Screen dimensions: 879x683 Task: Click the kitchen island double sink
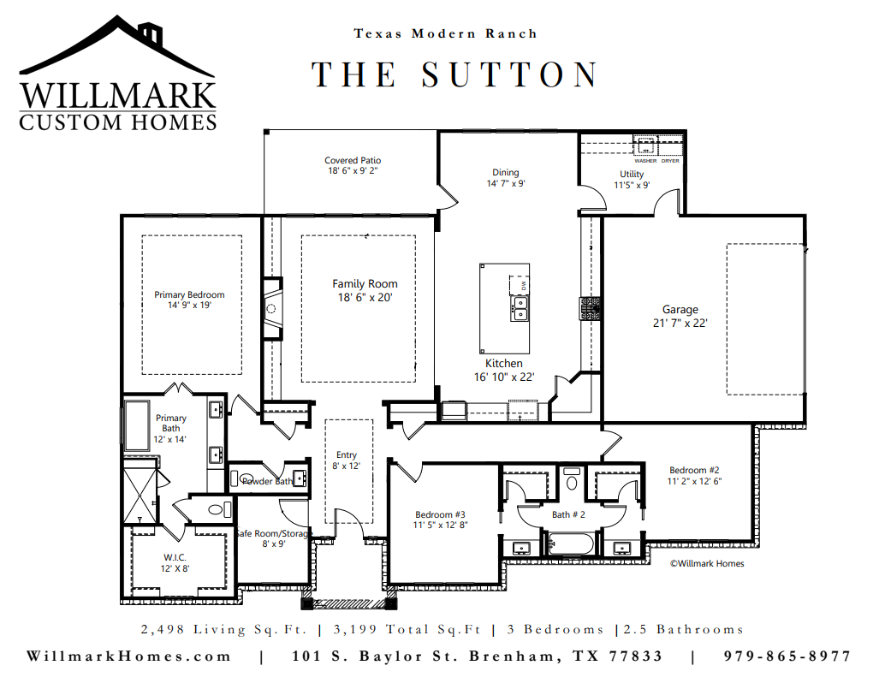coord(520,309)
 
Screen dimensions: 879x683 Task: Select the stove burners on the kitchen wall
coord(589,308)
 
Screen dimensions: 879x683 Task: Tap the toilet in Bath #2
coord(571,479)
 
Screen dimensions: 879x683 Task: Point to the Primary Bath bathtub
coord(137,425)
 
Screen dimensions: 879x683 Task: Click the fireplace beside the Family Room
coord(272,308)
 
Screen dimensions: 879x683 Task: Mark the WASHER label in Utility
coord(645,161)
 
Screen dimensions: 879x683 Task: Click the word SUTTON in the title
coord(509,74)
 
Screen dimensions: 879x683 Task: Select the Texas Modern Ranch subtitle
coord(446,33)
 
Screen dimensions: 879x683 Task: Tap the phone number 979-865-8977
coord(787,656)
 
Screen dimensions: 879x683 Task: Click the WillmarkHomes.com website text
coord(128,656)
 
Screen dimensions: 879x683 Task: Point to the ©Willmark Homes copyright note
coord(707,563)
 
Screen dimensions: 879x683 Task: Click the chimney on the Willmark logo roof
coord(151,35)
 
